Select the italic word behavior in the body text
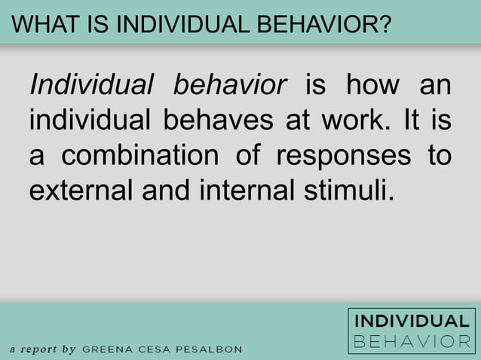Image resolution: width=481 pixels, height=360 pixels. tap(230, 84)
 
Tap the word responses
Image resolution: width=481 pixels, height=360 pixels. tap(344, 155)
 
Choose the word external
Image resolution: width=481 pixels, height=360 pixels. tap(81, 190)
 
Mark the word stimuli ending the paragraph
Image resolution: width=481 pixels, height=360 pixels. tap(353, 190)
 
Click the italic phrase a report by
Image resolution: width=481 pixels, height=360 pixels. tap(43, 349)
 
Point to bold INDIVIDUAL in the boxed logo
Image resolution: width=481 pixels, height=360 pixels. tap(412, 322)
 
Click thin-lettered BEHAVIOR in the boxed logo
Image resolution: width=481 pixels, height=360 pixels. tap(412, 341)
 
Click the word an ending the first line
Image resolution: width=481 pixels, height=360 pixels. tap(435, 84)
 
